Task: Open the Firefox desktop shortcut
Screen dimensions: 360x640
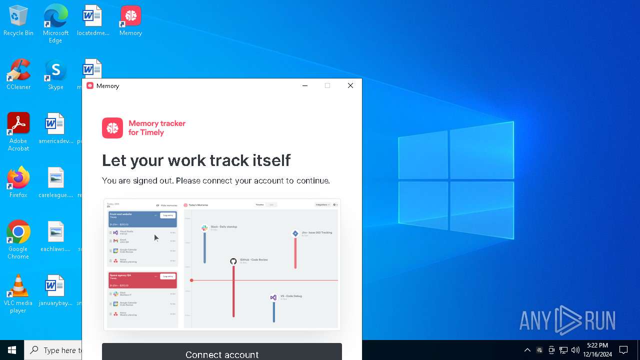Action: (x=18, y=178)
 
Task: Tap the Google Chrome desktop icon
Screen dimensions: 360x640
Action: (x=18, y=232)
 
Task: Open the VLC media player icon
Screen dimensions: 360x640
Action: (x=18, y=286)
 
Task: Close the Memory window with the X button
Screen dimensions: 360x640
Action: (x=350, y=85)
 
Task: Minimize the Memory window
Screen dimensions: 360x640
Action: (x=305, y=85)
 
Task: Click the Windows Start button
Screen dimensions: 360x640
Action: (x=12, y=350)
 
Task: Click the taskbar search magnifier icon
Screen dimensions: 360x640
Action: (x=34, y=350)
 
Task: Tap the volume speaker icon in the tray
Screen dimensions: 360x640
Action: (x=575, y=350)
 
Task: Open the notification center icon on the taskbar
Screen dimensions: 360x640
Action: (x=623, y=350)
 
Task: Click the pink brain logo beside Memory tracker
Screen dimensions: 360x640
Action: (x=112, y=128)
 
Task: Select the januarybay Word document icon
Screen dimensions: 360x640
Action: (x=55, y=286)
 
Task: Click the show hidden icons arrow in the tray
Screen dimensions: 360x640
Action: (x=527, y=350)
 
